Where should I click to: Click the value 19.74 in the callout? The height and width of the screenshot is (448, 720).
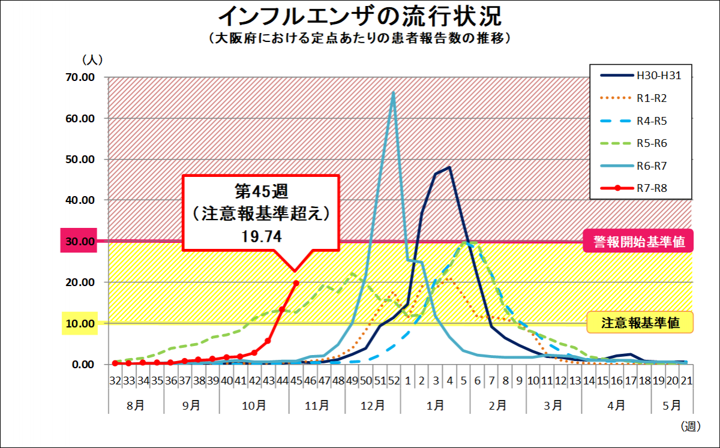tap(262, 236)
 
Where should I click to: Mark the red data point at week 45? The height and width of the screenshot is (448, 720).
tap(296, 283)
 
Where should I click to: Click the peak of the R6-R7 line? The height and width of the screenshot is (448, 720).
tap(394, 93)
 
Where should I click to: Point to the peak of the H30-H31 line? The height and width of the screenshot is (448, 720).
tap(449, 168)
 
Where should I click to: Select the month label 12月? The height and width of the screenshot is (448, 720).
tap(373, 405)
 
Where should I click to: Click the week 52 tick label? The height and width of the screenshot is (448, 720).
tap(394, 380)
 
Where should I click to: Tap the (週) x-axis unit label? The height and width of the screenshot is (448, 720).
tap(691, 426)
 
